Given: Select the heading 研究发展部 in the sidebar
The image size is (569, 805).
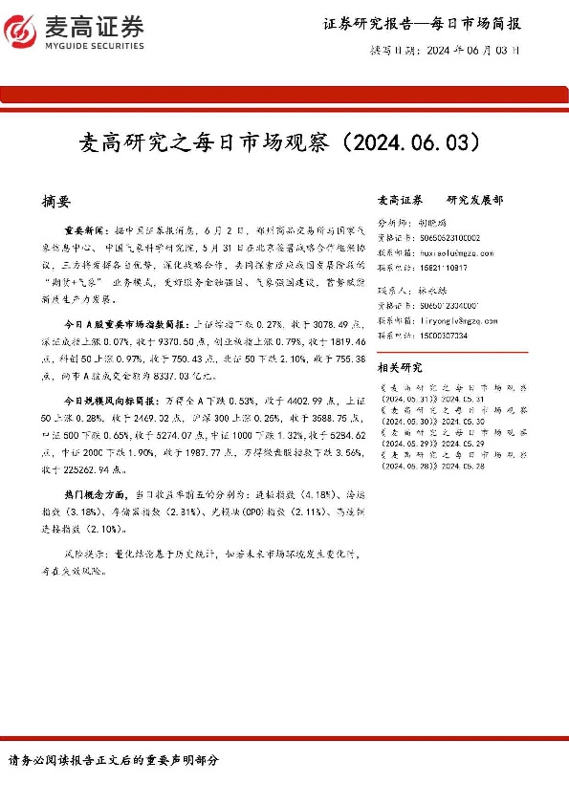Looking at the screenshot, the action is (474, 201).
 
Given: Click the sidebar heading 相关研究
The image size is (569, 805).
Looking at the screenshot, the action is (398, 367).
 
